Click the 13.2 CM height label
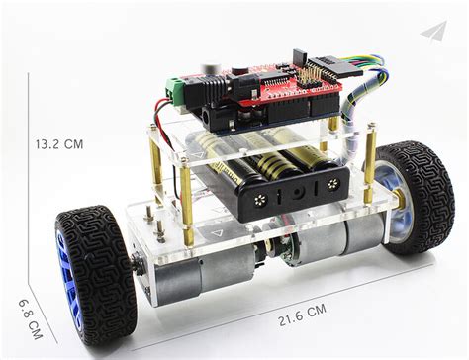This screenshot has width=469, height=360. tap(59, 144)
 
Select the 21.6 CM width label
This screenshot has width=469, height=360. tap(302, 311)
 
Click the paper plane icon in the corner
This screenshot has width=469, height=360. tap(432, 32)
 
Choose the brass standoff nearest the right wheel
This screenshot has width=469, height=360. tap(370, 158)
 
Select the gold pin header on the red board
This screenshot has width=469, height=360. tap(313, 73)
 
